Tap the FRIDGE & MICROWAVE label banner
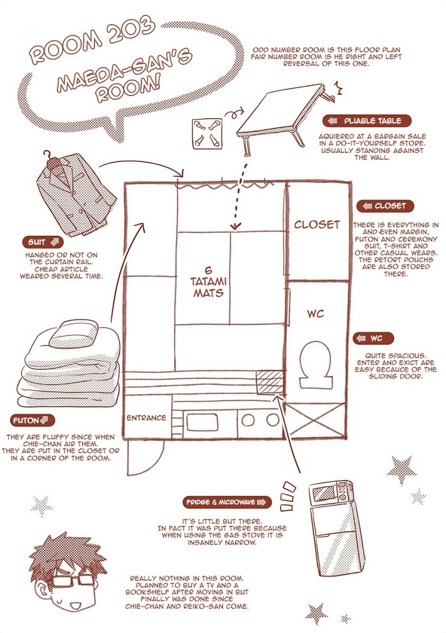226,502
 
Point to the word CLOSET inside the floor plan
317,224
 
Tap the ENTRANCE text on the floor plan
147,418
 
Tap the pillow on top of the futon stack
68,333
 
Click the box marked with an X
316,420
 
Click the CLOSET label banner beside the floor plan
385,206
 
